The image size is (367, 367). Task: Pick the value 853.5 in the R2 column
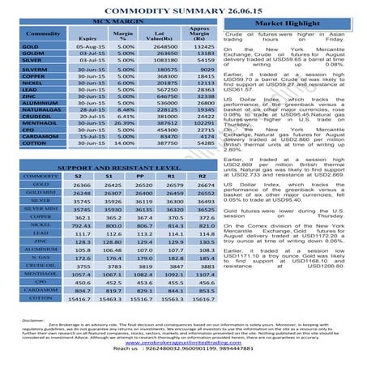click(x=209, y=288)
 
